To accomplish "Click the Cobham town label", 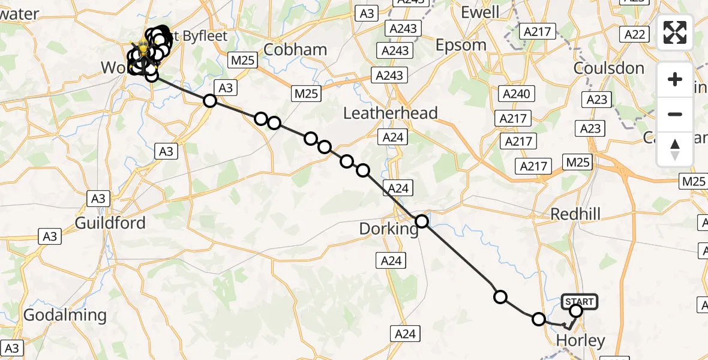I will click(295, 49).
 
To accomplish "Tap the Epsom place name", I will click(461, 45).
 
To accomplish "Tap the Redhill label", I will click(575, 214).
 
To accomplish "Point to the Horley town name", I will click(581, 341).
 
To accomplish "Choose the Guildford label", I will click(110, 223).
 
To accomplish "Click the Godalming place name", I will click(65, 315).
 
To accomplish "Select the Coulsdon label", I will click(609, 68).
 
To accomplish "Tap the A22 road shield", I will click(635, 34).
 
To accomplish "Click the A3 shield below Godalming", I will click(13, 348).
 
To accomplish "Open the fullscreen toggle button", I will click(675, 32).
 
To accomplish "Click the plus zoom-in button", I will click(675, 79).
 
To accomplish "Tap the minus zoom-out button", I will click(675, 114).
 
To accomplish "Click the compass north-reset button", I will click(675, 149).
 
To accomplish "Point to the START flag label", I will click(580, 301).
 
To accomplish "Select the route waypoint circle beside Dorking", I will click(422, 221).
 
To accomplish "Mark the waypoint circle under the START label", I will click(576, 311).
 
